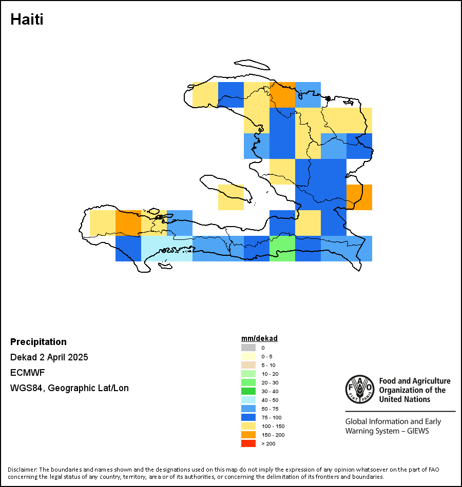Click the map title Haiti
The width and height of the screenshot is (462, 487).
[27, 19]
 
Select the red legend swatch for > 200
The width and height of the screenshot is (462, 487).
[248, 443]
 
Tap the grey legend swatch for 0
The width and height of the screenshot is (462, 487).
[248, 348]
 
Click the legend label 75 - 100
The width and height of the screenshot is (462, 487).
[271, 417]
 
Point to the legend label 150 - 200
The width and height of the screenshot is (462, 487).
[273, 435]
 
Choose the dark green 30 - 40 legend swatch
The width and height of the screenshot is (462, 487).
[248, 391]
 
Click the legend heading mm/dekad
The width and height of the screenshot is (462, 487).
[259, 338]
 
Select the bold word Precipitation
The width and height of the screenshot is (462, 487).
[38, 341]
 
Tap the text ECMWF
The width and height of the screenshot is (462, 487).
[27, 372]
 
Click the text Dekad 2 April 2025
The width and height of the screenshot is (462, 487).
[49, 357]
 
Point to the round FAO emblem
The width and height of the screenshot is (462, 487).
[360, 389]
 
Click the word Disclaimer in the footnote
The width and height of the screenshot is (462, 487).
[22, 469]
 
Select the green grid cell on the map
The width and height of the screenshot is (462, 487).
[282, 249]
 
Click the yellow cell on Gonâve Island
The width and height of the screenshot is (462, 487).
[231, 197]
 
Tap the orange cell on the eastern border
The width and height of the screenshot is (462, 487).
[359, 197]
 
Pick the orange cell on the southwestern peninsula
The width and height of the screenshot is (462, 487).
[128, 223]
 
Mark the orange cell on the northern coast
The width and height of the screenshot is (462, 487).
[282, 95]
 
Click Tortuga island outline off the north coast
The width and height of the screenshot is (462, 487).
[252, 65]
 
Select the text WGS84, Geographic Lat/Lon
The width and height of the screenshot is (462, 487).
[69, 388]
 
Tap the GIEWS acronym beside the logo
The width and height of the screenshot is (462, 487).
[418, 431]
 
